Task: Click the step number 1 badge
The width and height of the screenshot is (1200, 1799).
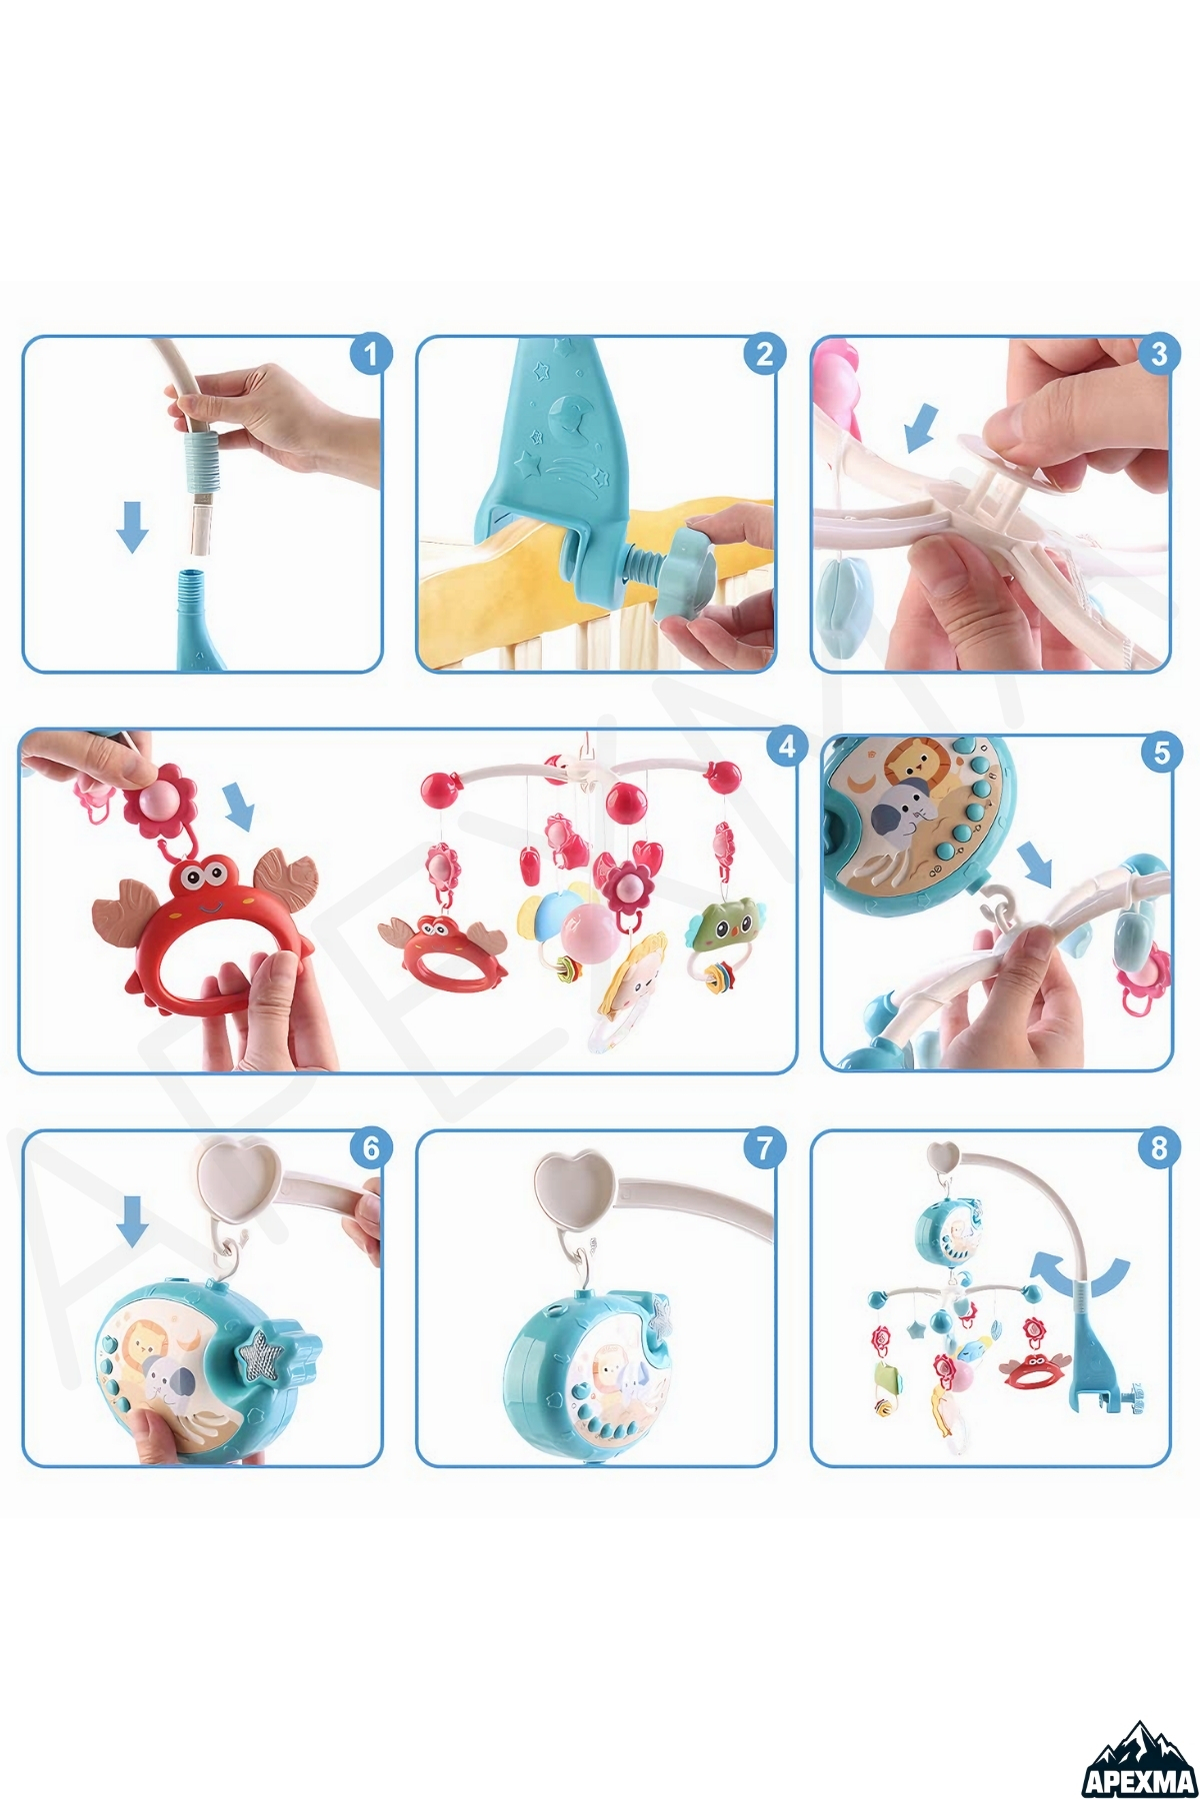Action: (371, 354)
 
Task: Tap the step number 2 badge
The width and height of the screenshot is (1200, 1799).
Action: (764, 354)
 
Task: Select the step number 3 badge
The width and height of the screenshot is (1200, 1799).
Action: (1159, 354)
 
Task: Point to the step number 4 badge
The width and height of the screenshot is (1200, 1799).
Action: (787, 747)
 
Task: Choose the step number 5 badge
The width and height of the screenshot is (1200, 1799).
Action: (1161, 752)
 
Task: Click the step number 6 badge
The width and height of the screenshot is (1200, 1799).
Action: (371, 1148)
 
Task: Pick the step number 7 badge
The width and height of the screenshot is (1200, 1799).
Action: (764, 1148)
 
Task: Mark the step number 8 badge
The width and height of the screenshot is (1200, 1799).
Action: (1159, 1148)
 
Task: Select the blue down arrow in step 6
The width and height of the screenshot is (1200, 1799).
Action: (132, 1220)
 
